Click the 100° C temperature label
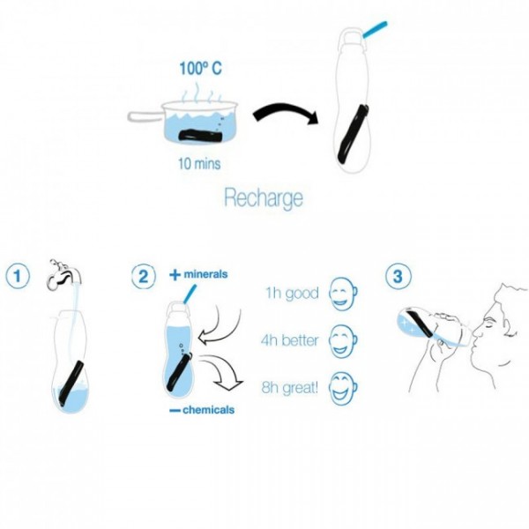click(x=200, y=69)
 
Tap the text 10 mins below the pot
click(x=199, y=164)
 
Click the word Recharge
click(x=264, y=198)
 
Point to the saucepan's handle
click(x=145, y=116)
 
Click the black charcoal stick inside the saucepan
click(x=200, y=136)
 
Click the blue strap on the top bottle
click(x=375, y=29)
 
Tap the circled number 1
click(x=18, y=276)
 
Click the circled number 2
click(x=144, y=276)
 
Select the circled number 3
click(x=399, y=276)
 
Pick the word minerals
click(x=205, y=274)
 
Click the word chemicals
click(x=208, y=410)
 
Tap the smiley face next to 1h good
click(x=343, y=294)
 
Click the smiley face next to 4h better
click(x=343, y=341)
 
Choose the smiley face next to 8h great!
click(x=343, y=389)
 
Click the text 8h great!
click(x=290, y=388)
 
